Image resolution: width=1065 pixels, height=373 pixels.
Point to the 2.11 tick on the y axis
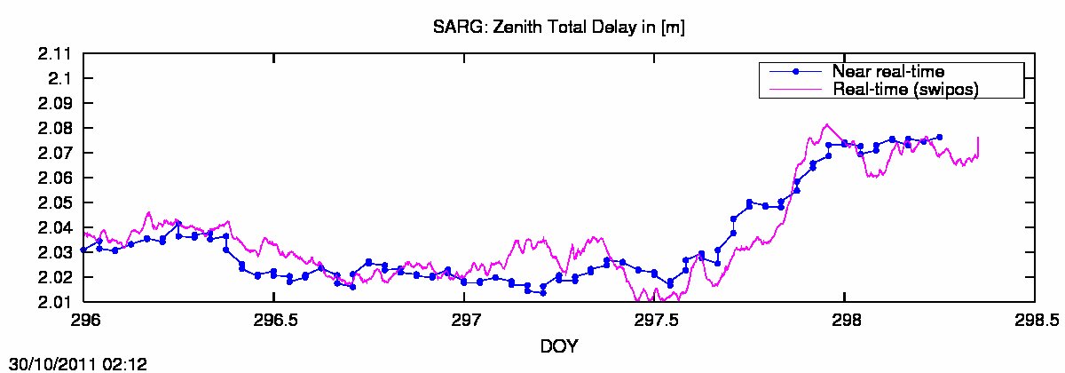coord(55,54)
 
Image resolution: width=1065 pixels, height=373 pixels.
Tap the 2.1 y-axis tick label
coord(60,79)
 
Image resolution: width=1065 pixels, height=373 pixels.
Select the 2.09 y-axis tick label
coord(55,104)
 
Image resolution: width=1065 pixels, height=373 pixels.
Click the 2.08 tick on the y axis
coord(55,129)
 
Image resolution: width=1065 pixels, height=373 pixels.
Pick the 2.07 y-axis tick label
coord(55,154)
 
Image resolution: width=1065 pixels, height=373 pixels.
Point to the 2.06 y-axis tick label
coord(55,179)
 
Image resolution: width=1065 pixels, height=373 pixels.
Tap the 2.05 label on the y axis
coord(55,203)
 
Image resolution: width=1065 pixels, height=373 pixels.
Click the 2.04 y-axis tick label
coord(55,228)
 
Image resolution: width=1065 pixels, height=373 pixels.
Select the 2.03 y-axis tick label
coord(55,253)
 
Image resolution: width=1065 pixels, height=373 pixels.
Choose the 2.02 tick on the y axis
coord(55,278)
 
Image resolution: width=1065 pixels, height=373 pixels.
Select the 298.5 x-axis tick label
coord(1034,319)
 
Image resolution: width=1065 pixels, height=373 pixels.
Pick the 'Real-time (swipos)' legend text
coord(906,89)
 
